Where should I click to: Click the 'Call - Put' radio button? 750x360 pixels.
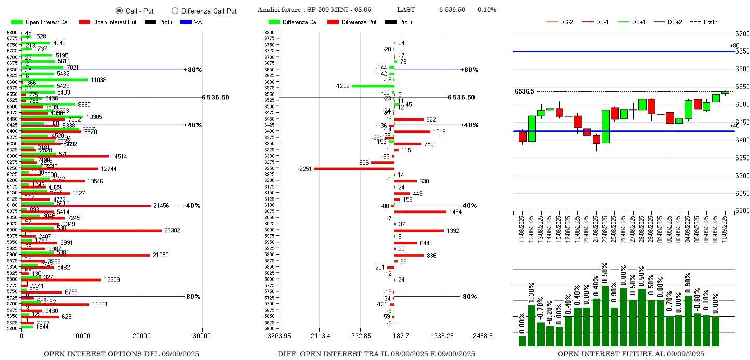(119, 10)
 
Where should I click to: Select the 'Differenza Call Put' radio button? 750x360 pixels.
(175, 10)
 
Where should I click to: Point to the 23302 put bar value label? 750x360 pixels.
(172, 230)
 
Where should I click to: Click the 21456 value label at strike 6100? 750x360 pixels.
(161, 206)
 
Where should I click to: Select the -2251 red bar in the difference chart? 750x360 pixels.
(354, 168)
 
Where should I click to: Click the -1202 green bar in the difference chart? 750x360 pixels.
(372, 86)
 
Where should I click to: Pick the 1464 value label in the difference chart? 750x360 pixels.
(456, 212)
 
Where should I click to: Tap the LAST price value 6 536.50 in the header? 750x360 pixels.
(452, 10)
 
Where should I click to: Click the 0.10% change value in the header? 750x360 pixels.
(486, 10)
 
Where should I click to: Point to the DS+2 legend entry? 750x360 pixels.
(675, 22)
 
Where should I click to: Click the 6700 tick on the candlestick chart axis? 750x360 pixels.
(742, 33)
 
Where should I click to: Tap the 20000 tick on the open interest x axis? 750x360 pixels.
(142, 336)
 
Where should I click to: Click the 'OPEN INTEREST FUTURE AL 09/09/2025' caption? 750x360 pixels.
(631, 354)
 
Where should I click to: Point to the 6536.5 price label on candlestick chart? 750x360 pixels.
(524, 91)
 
